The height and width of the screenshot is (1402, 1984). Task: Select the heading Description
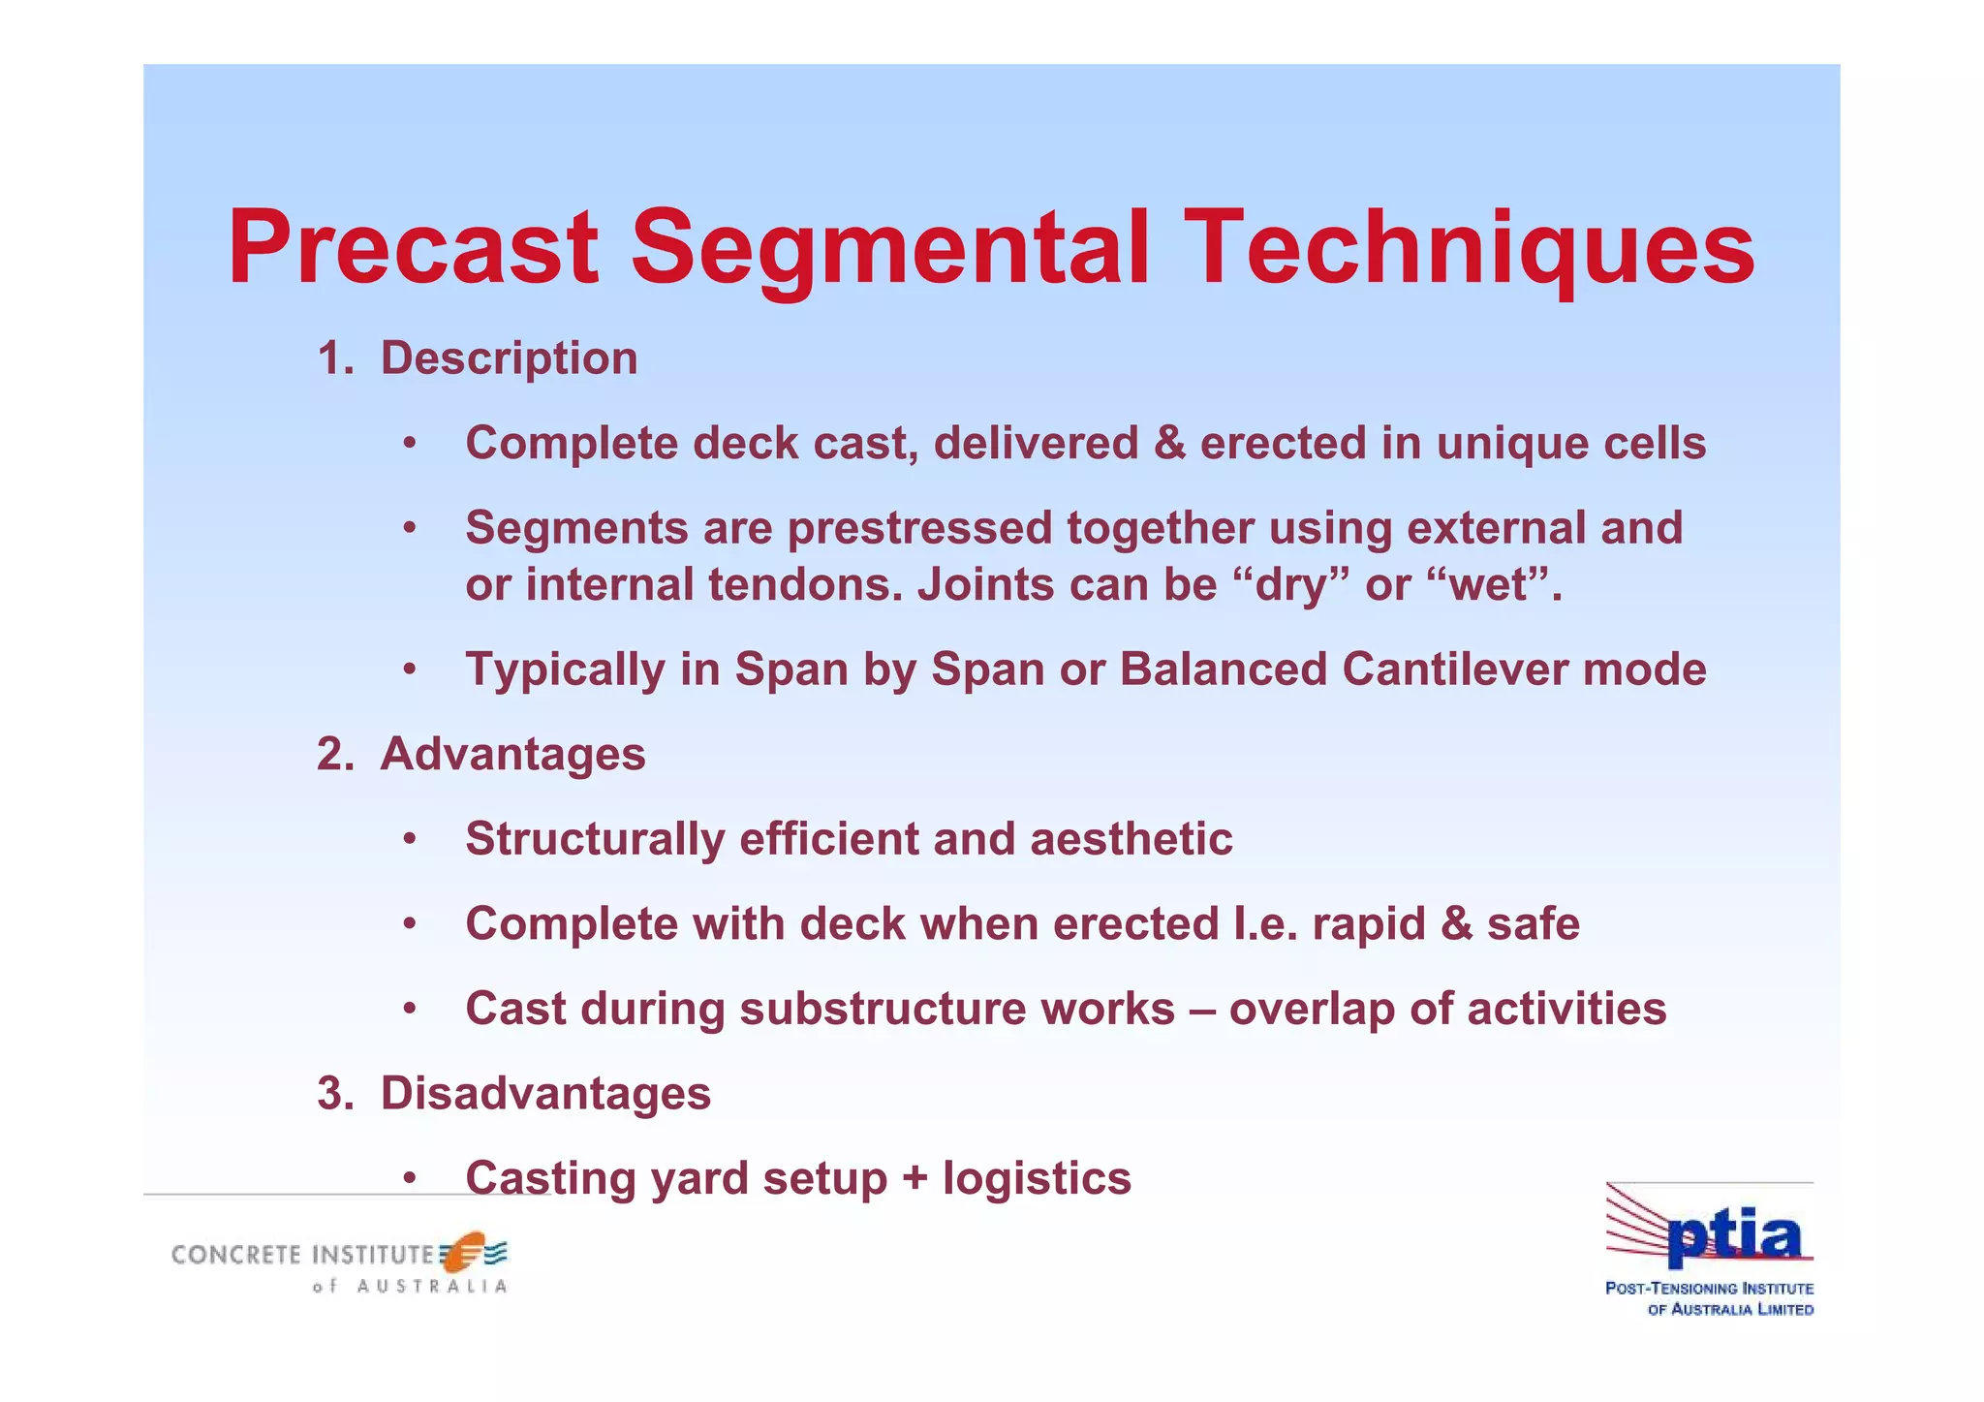[x=509, y=358]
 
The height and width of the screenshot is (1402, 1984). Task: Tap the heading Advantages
[x=512, y=754]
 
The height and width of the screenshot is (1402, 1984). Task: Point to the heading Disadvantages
[x=545, y=1094]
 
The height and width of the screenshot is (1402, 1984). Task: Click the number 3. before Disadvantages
[x=335, y=1094]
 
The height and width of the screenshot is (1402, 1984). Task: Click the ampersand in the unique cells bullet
[x=1169, y=444]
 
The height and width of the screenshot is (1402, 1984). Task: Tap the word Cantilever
[x=1455, y=670]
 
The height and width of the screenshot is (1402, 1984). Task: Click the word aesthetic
[x=1131, y=839]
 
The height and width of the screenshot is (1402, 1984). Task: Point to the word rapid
[x=1368, y=923]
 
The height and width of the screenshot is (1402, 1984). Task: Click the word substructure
[x=956, y=1009]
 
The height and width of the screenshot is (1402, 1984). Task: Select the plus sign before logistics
[x=914, y=1179]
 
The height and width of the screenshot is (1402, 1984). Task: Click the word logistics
[x=1037, y=1179]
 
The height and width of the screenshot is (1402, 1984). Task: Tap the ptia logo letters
[x=1733, y=1237]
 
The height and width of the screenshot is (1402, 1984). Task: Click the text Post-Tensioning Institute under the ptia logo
[x=1709, y=1289]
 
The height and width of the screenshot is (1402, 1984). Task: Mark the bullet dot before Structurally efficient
[x=410, y=839]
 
